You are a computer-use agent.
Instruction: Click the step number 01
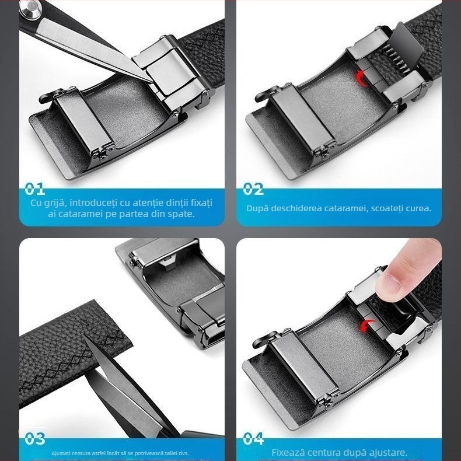(34, 189)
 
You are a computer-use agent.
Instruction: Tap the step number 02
(253, 189)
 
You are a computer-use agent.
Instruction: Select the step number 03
(35, 439)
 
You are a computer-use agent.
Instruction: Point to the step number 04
(253, 439)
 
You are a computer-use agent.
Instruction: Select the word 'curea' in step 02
(418, 208)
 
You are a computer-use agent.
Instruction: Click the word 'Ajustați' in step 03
(61, 453)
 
